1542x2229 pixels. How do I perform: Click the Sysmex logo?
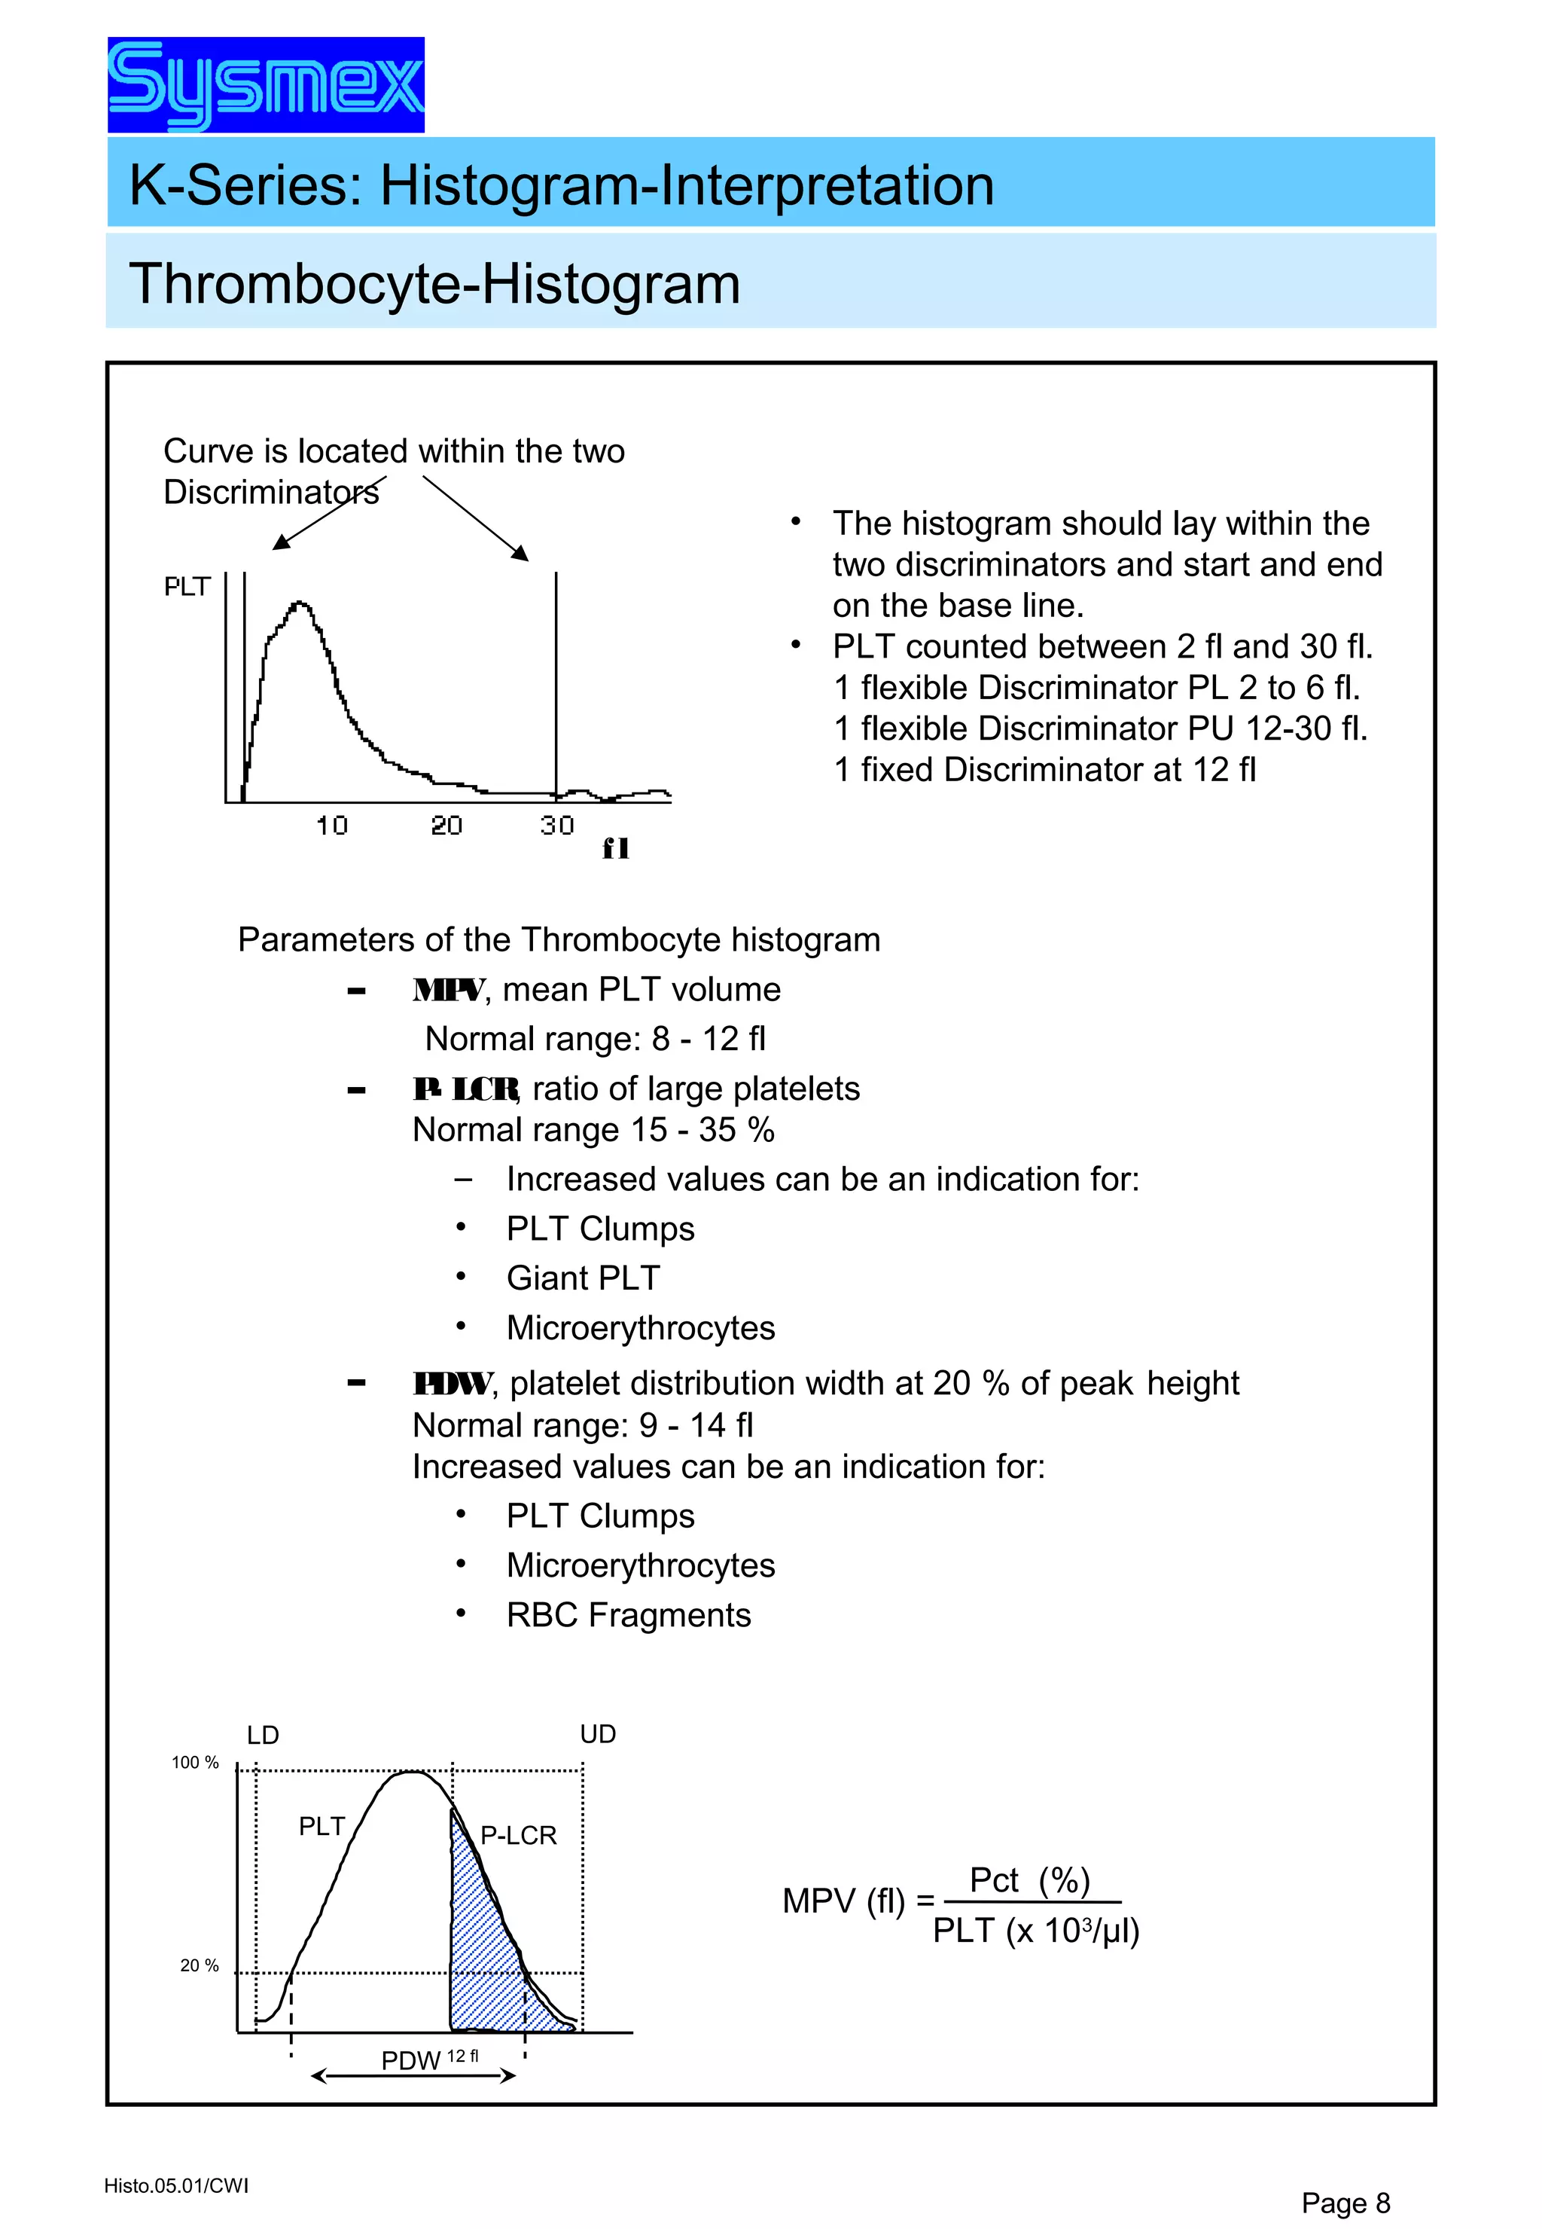(x=266, y=85)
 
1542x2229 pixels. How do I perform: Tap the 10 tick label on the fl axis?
(x=331, y=826)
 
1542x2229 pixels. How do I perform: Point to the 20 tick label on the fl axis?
(x=446, y=826)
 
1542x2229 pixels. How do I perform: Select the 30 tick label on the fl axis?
(x=556, y=826)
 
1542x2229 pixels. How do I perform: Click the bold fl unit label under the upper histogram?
(x=615, y=849)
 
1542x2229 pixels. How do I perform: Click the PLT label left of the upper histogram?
(x=187, y=587)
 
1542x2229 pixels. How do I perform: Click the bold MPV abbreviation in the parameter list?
(x=448, y=990)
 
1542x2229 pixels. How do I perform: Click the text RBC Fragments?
(x=628, y=1615)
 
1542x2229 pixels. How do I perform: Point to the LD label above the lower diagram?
(x=263, y=1735)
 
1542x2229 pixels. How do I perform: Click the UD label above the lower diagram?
(x=597, y=1734)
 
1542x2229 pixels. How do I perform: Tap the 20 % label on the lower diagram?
(x=199, y=1965)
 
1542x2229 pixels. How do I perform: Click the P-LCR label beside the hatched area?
(x=518, y=1836)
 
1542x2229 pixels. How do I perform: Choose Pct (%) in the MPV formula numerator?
(x=1029, y=1880)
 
